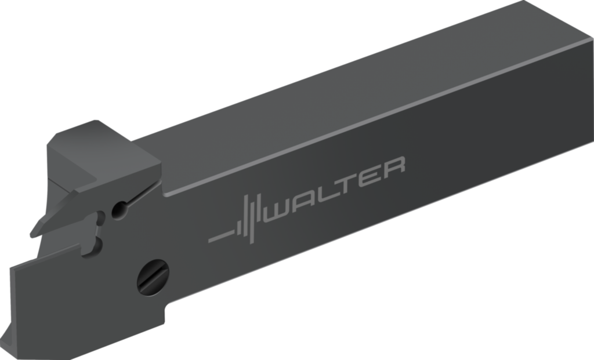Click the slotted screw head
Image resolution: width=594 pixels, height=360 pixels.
(x=153, y=278)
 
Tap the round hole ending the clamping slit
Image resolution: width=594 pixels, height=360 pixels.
(x=120, y=210)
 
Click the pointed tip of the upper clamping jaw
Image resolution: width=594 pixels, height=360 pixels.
(x=32, y=235)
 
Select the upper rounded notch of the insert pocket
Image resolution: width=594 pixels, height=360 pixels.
(x=100, y=218)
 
